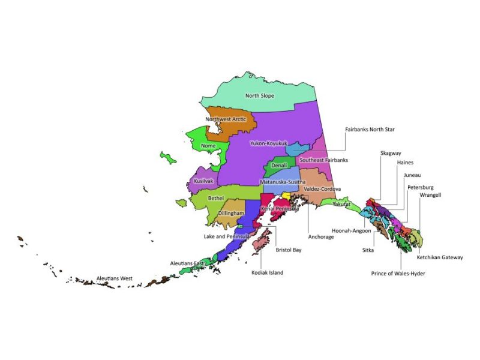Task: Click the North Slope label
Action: (x=265, y=95)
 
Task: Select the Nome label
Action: (x=208, y=145)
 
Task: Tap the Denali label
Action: (x=279, y=164)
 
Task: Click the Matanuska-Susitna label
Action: (x=283, y=181)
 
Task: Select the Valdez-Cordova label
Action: (x=323, y=188)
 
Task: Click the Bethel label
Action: (x=215, y=197)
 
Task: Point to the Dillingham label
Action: (x=231, y=213)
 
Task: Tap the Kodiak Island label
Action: (x=267, y=272)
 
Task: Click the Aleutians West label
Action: (x=115, y=278)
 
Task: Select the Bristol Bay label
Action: (x=289, y=250)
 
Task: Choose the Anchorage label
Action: (x=321, y=236)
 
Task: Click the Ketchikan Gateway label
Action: (x=440, y=257)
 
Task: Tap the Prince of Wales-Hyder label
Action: (x=401, y=274)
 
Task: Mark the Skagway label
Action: (x=391, y=153)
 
